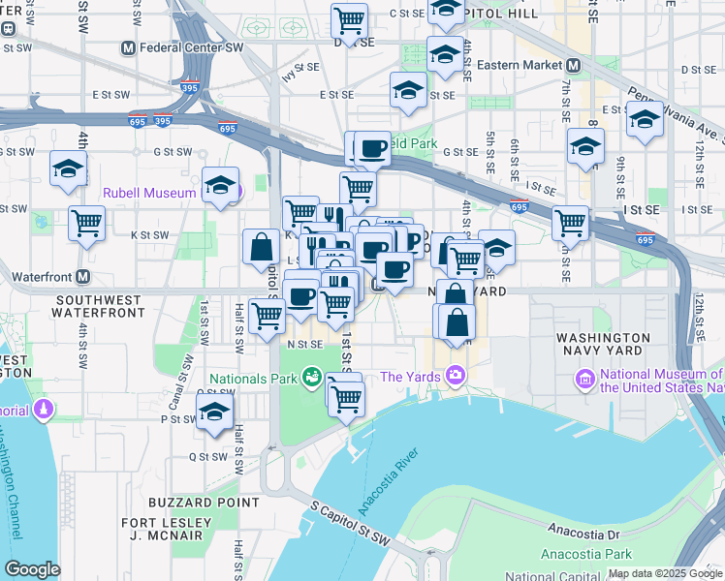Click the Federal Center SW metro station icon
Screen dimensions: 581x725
(128, 47)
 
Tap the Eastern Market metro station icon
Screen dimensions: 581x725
(573, 65)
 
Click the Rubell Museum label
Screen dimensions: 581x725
(149, 193)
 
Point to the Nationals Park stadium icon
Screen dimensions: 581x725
(311, 377)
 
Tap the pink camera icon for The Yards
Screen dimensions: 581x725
(455, 377)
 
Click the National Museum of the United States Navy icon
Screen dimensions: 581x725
(584, 378)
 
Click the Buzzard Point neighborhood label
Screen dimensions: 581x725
(204, 503)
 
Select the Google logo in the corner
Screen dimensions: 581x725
(32, 569)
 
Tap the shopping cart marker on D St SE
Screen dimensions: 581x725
(349, 18)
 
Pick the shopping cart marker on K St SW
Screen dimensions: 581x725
(87, 222)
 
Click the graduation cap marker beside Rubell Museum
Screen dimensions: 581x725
(221, 184)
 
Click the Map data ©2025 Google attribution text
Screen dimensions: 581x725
(665, 573)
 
